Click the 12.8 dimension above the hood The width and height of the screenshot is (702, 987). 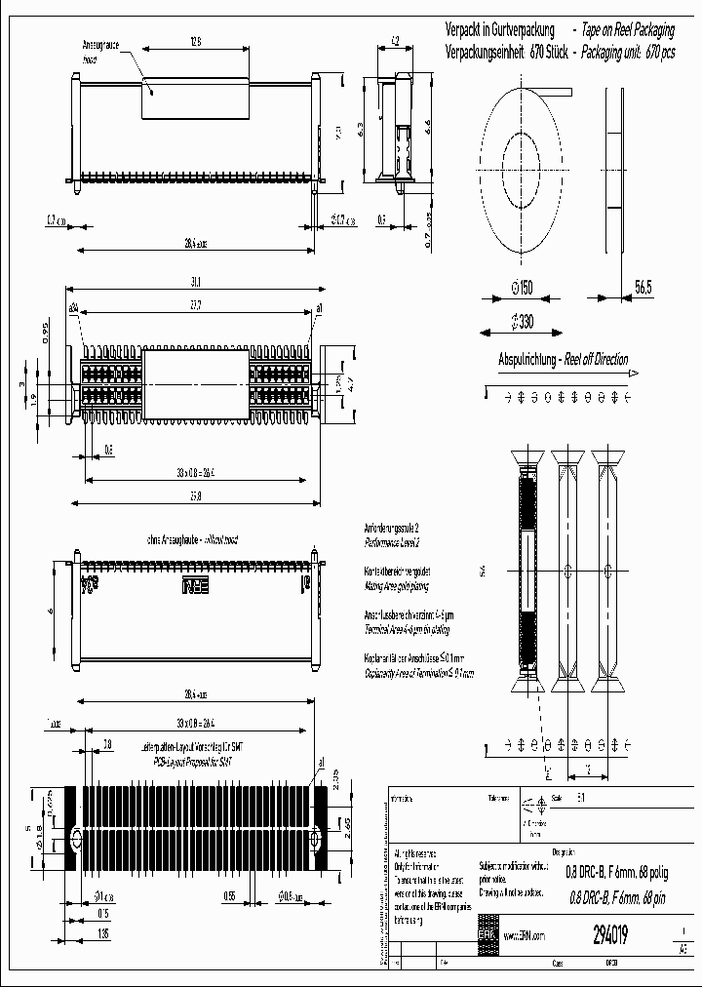[195, 42]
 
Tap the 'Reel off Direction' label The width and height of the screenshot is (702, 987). [594, 359]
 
